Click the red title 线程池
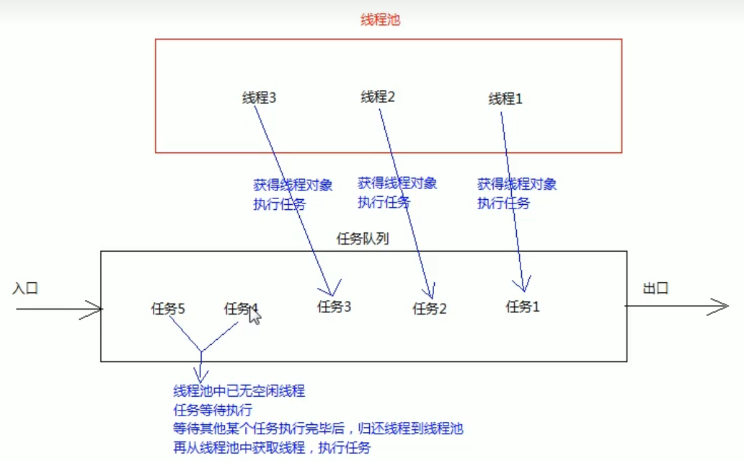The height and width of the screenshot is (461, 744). (x=380, y=20)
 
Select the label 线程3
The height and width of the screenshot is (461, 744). (x=260, y=98)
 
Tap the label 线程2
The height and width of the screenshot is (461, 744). (x=378, y=97)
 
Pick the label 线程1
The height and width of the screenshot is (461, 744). (x=505, y=99)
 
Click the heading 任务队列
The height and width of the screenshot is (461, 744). (x=363, y=239)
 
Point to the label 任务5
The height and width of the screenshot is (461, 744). (x=168, y=309)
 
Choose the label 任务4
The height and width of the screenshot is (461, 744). (x=240, y=309)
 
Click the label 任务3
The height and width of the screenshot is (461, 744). (x=334, y=307)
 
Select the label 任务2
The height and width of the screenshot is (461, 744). (x=430, y=309)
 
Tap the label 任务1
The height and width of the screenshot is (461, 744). (x=523, y=307)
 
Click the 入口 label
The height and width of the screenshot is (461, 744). (x=25, y=289)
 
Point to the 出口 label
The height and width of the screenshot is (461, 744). (x=656, y=289)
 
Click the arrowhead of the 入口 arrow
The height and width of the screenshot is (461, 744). (x=97, y=309)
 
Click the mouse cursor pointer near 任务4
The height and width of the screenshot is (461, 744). (x=254, y=315)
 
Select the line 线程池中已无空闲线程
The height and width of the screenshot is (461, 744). (x=239, y=391)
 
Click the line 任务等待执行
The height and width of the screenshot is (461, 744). (x=213, y=410)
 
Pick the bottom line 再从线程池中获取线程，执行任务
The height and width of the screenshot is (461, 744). (x=272, y=447)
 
